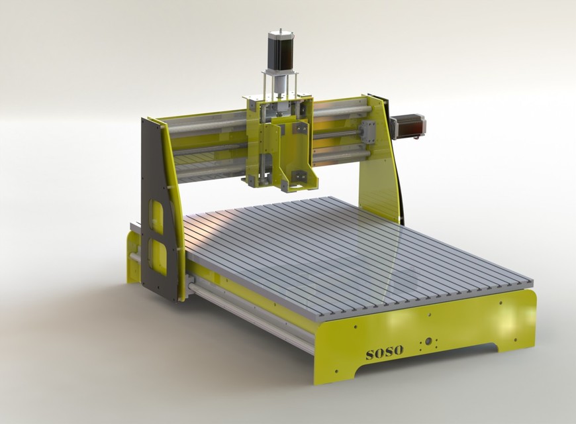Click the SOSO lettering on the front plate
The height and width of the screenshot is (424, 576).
384,351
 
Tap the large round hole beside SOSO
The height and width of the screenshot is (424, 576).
429,342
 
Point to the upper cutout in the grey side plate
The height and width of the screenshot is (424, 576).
157,217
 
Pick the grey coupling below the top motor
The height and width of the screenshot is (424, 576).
279,85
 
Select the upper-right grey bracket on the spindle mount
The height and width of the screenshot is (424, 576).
299,128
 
